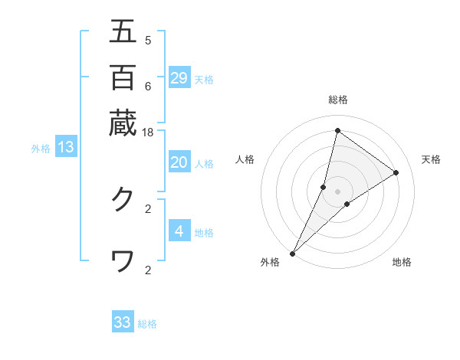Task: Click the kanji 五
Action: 123,32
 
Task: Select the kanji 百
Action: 123,77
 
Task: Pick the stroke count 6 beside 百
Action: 147,87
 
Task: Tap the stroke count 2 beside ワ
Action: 147,270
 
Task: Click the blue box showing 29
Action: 179,77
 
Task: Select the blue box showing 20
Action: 179,162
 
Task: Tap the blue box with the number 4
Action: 179,231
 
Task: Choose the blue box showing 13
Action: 66,147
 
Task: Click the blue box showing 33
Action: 123,322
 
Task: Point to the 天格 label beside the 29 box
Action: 204,79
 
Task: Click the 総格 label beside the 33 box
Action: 147,324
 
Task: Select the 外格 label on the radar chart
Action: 270,262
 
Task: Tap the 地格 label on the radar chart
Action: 402,262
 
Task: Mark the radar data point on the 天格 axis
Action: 396,172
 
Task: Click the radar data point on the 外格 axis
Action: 292,254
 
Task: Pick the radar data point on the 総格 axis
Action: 337,130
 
